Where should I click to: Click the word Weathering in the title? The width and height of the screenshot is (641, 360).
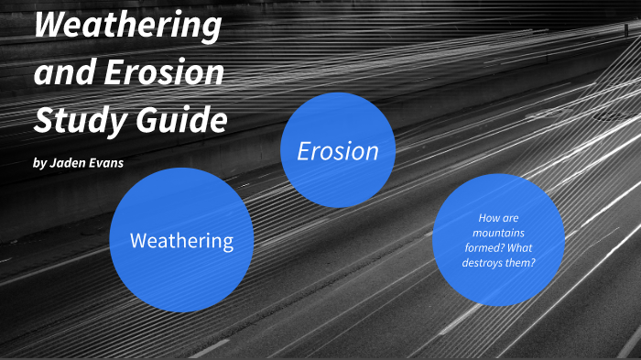(127, 27)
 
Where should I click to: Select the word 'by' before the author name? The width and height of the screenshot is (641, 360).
(38, 165)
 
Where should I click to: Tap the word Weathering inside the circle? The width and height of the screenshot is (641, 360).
(181, 242)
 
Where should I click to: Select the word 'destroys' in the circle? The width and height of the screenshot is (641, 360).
(485, 263)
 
